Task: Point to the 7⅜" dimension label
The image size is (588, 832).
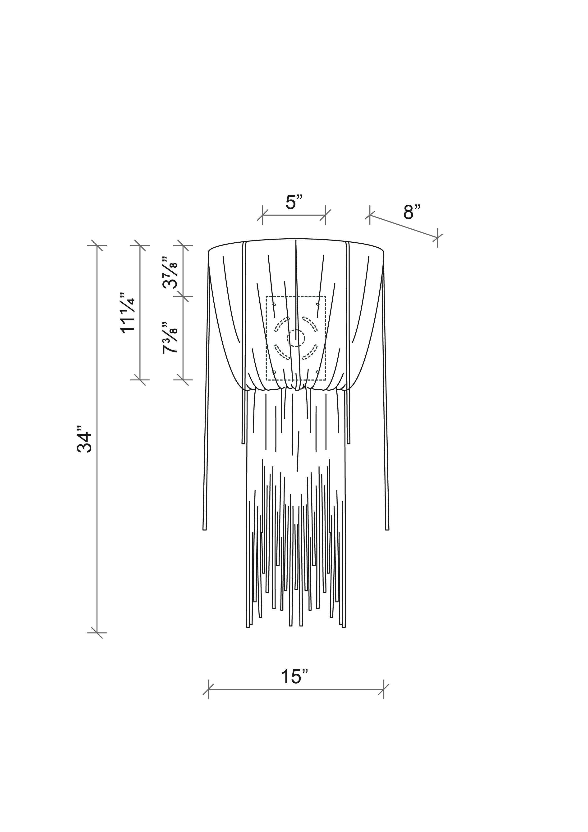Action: pyautogui.click(x=170, y=338)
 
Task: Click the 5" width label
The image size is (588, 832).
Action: pyautogui.click(x=294, y=202)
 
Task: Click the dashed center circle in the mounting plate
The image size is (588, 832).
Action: pyautogui.click(x=296, y=338)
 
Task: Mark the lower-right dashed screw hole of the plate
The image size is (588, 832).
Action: pyautogui.click(x=318, y=372)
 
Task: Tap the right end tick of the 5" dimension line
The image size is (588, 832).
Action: pyautogui.click(x=325, y=215)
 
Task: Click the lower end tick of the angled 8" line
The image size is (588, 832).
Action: pyautogui.click(x=438, y=238)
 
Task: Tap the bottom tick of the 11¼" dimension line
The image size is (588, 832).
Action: pyautogui.click(x=140, y=380)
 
